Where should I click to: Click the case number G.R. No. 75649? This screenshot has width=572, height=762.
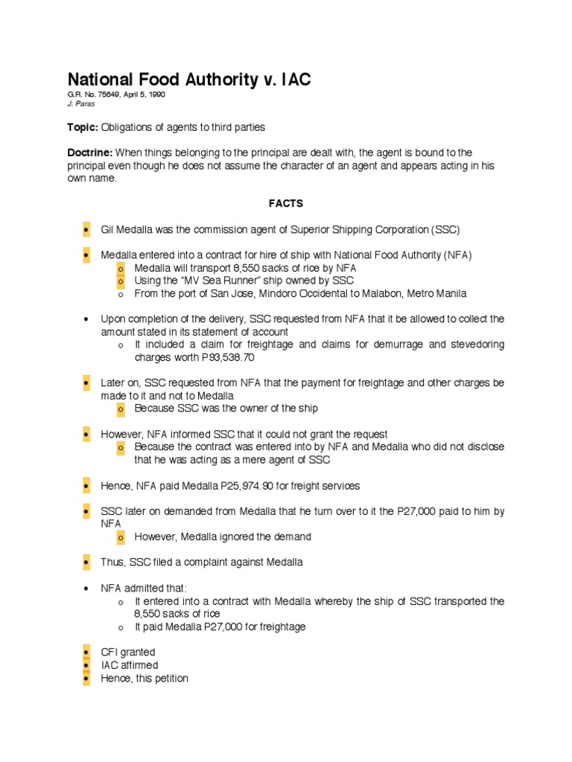pyautogui.click(x=95, y=95)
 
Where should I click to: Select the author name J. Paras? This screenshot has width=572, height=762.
pyautogui.click(x=81, y=104)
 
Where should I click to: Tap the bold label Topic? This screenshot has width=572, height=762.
pyautogui.click(x=83, y=128)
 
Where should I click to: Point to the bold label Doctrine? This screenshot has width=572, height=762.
pyautogui.click(x=90, y=153)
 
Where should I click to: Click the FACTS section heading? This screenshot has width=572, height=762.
pyautogui.click(x=286, y=203)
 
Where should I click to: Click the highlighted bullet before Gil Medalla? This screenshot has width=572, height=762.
pyautogui.click(x=86, y=229)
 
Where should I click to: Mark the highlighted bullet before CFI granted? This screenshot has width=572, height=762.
pyautogui.click(x=86, y=653)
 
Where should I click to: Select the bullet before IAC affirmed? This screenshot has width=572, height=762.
pyautogui.click(x=86, y=665)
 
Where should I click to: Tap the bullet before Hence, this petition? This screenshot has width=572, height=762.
pyautogui.click(x=86, y=679)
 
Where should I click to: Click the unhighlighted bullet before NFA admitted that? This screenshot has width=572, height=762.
pyautogui.click(x=86, y=588)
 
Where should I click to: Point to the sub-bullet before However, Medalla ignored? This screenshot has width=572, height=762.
pyautogui.click(x=120, y=537)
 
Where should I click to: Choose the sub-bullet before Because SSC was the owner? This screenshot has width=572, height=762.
pyautogui.click(x=120, y=409)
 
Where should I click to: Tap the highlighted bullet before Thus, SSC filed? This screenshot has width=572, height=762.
pyautogui.click(x=86, y=563)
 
